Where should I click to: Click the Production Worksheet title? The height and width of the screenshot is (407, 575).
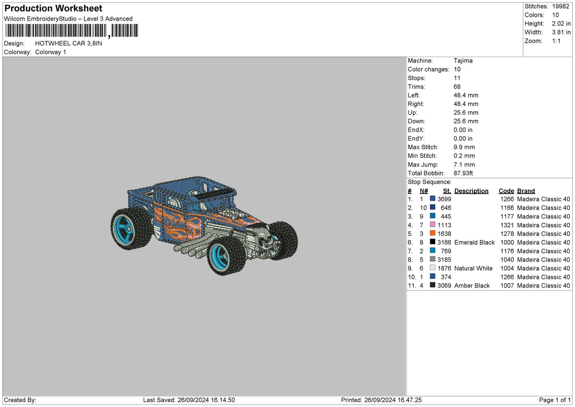[53, 8]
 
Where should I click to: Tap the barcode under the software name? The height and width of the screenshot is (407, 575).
[72, 31]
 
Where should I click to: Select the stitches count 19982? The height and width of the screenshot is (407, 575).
[561, 6]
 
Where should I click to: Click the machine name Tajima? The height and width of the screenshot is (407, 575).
[463, 60]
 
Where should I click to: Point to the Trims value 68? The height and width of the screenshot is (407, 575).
[457, 87]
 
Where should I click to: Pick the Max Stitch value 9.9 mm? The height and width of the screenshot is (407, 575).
[464, 147]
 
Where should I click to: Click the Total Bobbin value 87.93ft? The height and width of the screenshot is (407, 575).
[463, 173]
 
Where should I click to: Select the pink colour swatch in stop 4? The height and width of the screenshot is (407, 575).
[433, 225]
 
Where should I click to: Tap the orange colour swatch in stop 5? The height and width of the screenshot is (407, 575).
[433, 233]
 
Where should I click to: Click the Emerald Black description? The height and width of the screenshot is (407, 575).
[474, 242]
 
